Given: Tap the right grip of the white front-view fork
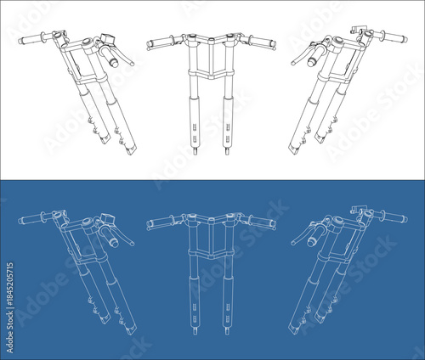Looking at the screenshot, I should click(263, 41).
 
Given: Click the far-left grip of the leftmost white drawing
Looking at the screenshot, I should click(31, 38).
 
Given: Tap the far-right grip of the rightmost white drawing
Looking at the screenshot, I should click(394, 37).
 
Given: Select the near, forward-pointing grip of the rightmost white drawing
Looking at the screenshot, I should click(313, 57).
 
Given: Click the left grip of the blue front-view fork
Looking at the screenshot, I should click(159, 224).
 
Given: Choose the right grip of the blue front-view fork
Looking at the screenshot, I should click(263, 222).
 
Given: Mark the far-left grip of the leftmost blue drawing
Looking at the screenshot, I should click(31, 220).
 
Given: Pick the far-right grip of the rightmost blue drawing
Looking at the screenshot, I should click(394, 219).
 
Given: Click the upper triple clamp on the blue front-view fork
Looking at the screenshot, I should click(211, 222).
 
